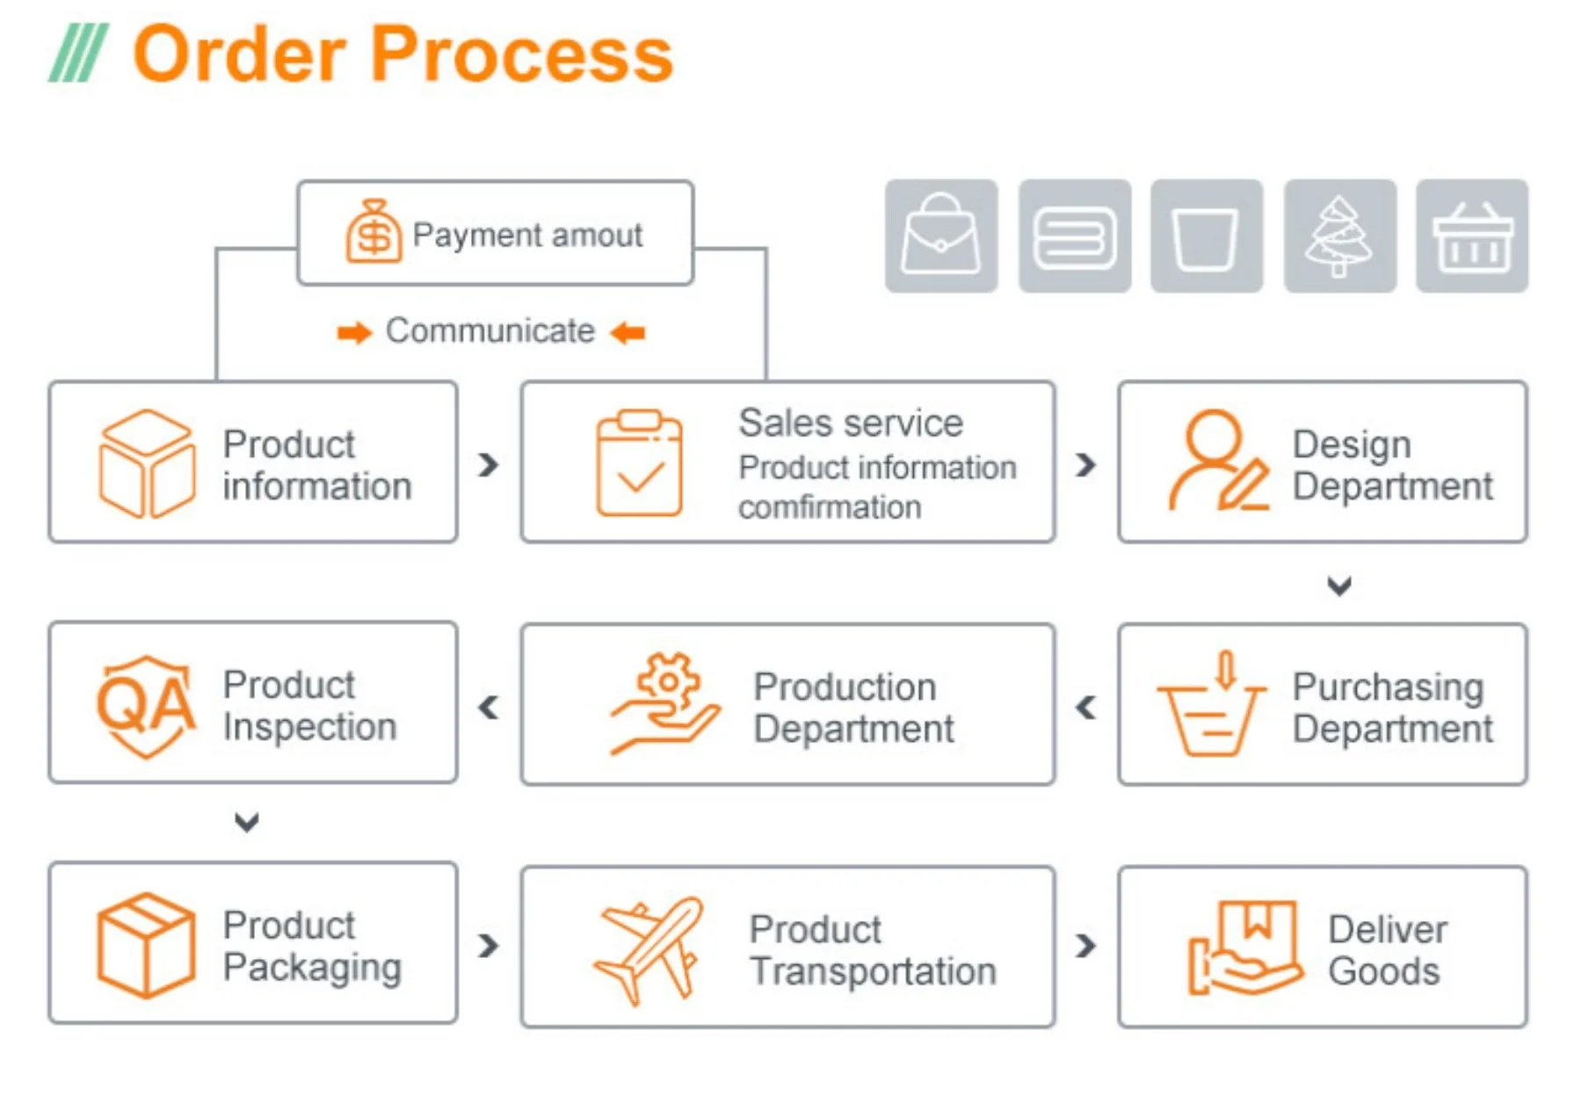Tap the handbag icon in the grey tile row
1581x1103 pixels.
pyautogui.click(x=941, y=236)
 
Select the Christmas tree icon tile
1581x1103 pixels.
pyautogui.click(x=1339, y=236)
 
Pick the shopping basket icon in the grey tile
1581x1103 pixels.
pyautogui.click(x=1472, y=236)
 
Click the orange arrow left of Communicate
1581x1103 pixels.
pyautogui.click(x=354, y=333)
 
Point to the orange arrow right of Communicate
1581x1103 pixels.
pyautogui.click(x=627, y=333)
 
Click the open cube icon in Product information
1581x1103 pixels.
pyautogui.click(x=146, y=463)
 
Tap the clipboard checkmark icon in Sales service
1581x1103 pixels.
pyautogui.click(x=639, y=462)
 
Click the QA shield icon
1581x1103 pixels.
pyautogui.click(x=145, y=706)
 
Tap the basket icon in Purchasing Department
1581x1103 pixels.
pyautogui.click(x=1212, y=705)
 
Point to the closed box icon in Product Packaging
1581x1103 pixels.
pyautogui.click(x=146, y=946)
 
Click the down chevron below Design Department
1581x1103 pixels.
pyautogui.click(x=1338, y=585)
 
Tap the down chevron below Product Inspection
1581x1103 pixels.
pyautogui.click(x=247, y=823)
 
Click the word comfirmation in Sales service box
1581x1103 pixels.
pyautogui.click(x=830, y=508)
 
